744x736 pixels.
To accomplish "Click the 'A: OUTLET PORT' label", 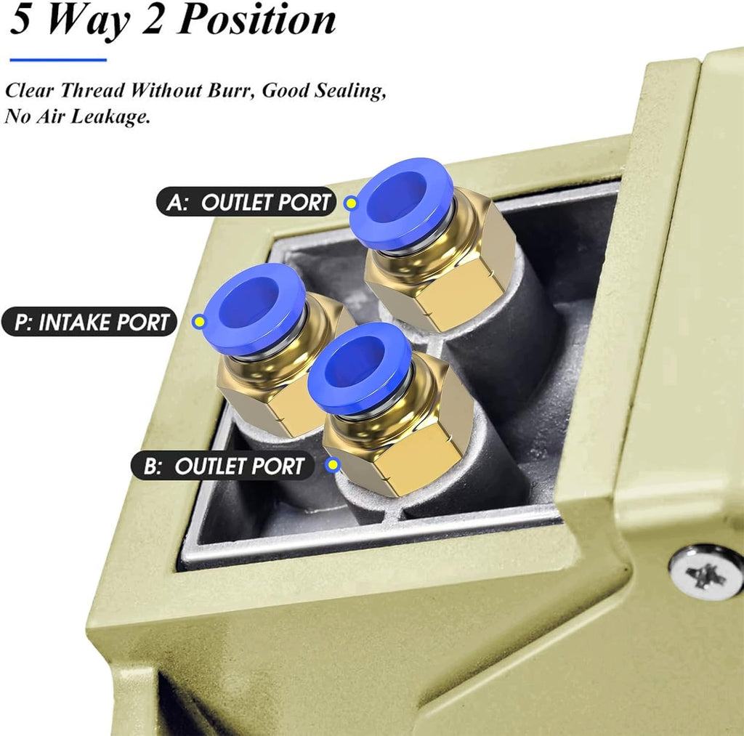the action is click(246, 202).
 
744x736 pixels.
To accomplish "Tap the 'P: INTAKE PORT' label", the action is click(89, 322).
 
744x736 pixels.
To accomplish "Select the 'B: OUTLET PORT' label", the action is click(222, 466).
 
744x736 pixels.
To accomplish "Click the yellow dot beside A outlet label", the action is click(351, 203).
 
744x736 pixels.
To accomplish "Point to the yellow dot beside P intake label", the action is click(199, 322).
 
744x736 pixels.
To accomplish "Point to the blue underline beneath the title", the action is click(58, 60).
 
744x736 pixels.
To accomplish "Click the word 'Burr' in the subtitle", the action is click(231, 89).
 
